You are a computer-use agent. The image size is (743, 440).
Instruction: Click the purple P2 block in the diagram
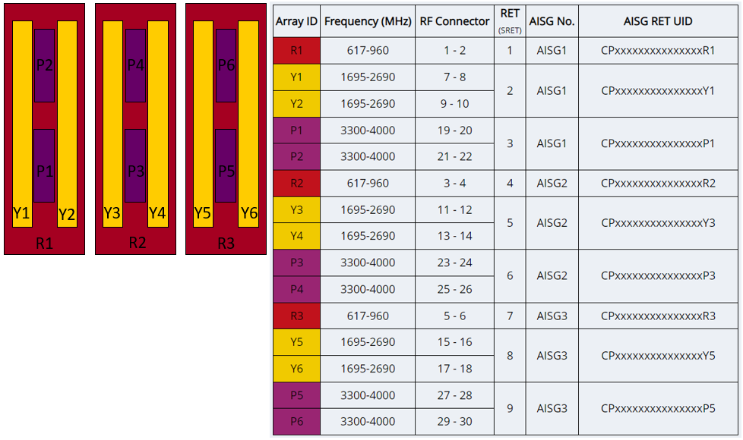pos(44,65)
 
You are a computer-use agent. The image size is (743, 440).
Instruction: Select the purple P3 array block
pos(135,165)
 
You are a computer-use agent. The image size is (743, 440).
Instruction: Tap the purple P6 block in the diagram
pos(226,65)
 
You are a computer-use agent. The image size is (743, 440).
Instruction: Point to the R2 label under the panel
pos(137,244)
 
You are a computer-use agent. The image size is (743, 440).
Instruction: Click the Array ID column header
pos(296,21)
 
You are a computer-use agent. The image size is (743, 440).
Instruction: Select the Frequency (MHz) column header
pos(368,21)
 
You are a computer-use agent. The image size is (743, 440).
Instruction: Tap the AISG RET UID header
pos(658,21)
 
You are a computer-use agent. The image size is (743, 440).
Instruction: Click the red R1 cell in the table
pos(296,51)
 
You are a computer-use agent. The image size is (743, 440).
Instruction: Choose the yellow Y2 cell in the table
pos(296,104)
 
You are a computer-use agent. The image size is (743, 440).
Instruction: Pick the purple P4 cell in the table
pos(296,289)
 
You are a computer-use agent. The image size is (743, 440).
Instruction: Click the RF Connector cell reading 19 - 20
pos(454,130)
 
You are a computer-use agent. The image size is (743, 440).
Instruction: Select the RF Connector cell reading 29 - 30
pos(454,421)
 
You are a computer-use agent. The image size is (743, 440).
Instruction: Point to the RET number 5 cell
pos(510,223)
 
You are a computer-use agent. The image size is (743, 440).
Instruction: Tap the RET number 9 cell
pos(510,408)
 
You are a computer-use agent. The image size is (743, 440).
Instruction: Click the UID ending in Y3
pos(658,223)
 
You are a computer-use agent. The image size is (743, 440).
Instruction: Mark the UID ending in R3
pos(658,316)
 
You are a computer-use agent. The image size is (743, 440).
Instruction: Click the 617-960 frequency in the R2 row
pos(368,183)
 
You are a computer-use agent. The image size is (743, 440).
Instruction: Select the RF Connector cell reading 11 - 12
pos(454,209)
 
